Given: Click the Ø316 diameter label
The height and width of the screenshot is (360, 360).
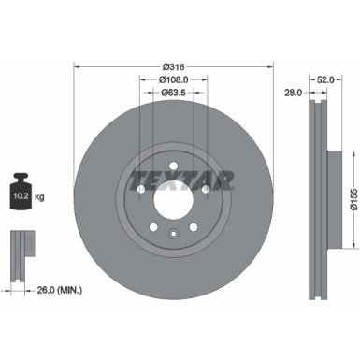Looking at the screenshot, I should pos(172,66).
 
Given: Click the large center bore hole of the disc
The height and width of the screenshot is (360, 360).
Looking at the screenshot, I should pos(173,198).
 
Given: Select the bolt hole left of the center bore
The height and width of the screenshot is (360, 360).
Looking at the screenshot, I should pos(140,189).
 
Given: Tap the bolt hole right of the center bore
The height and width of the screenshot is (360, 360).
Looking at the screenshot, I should pos(206,189).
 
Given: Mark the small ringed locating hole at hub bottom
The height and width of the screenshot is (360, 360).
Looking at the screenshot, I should pos(173,234).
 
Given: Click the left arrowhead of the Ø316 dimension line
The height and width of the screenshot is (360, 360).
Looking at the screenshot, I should pos(77,66).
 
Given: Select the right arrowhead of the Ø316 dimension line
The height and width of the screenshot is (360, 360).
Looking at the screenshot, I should pos(271,66).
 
